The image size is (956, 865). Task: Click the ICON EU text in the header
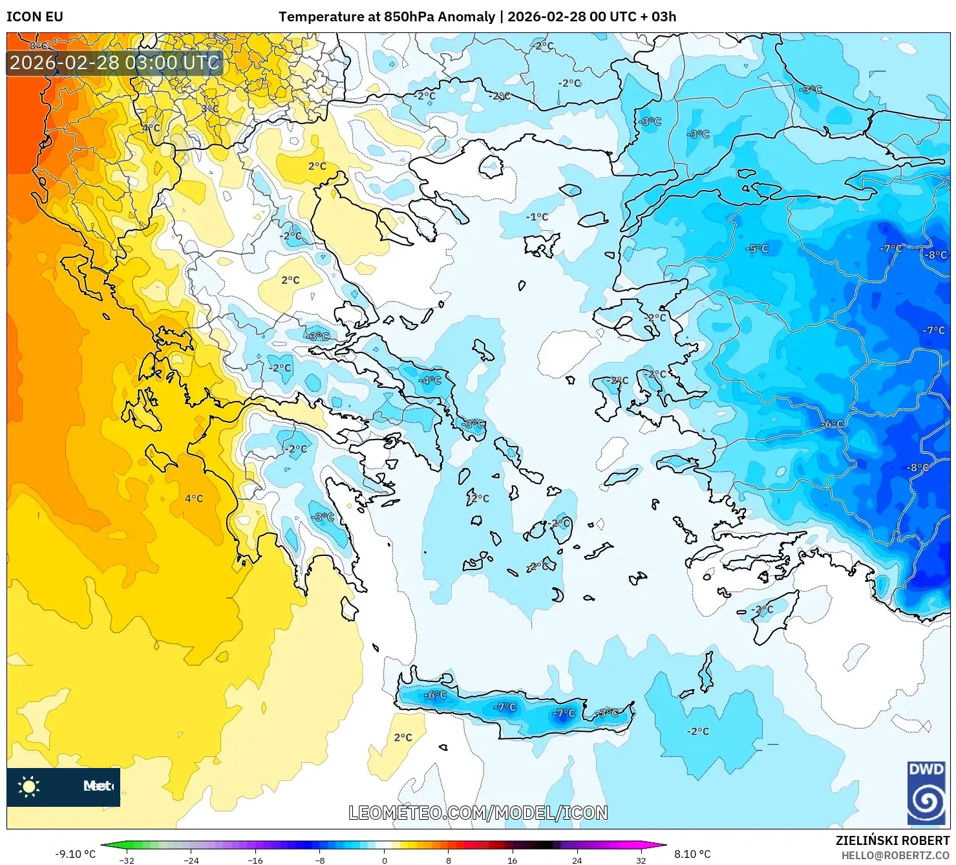35,17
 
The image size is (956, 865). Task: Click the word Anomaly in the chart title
466,17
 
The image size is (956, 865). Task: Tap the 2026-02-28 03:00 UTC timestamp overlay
114,63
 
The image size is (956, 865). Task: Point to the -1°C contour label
536,217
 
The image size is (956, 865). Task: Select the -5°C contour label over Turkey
757,248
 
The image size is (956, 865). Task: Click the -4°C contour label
430,380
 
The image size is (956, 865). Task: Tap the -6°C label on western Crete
435,695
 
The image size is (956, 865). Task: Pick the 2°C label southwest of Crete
403,737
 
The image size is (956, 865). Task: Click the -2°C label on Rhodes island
763,609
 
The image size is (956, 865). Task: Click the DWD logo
926,794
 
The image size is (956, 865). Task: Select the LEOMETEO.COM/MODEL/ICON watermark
478,813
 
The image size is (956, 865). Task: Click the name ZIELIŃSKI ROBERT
892,840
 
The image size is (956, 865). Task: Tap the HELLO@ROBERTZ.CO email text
895,855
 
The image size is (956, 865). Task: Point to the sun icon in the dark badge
29,787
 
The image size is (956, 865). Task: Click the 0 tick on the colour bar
385,860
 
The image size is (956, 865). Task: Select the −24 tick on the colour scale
191,860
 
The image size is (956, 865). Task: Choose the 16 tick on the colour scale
512,860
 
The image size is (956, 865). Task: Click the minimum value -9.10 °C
75,854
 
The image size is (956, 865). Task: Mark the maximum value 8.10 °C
692,854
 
